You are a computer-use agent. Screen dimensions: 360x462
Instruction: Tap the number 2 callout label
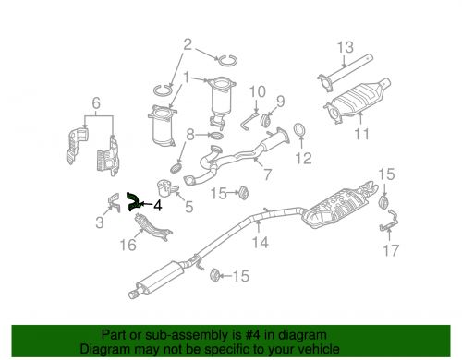point(188,43)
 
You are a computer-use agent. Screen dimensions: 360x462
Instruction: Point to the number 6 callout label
point(96,102)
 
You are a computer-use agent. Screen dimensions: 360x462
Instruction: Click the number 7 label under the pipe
point(268,174)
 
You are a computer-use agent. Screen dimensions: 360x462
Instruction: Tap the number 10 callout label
point(258,92)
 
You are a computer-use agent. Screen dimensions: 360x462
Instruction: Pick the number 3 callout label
point(100,222)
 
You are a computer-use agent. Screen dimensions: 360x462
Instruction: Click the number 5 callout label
point(189,209)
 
